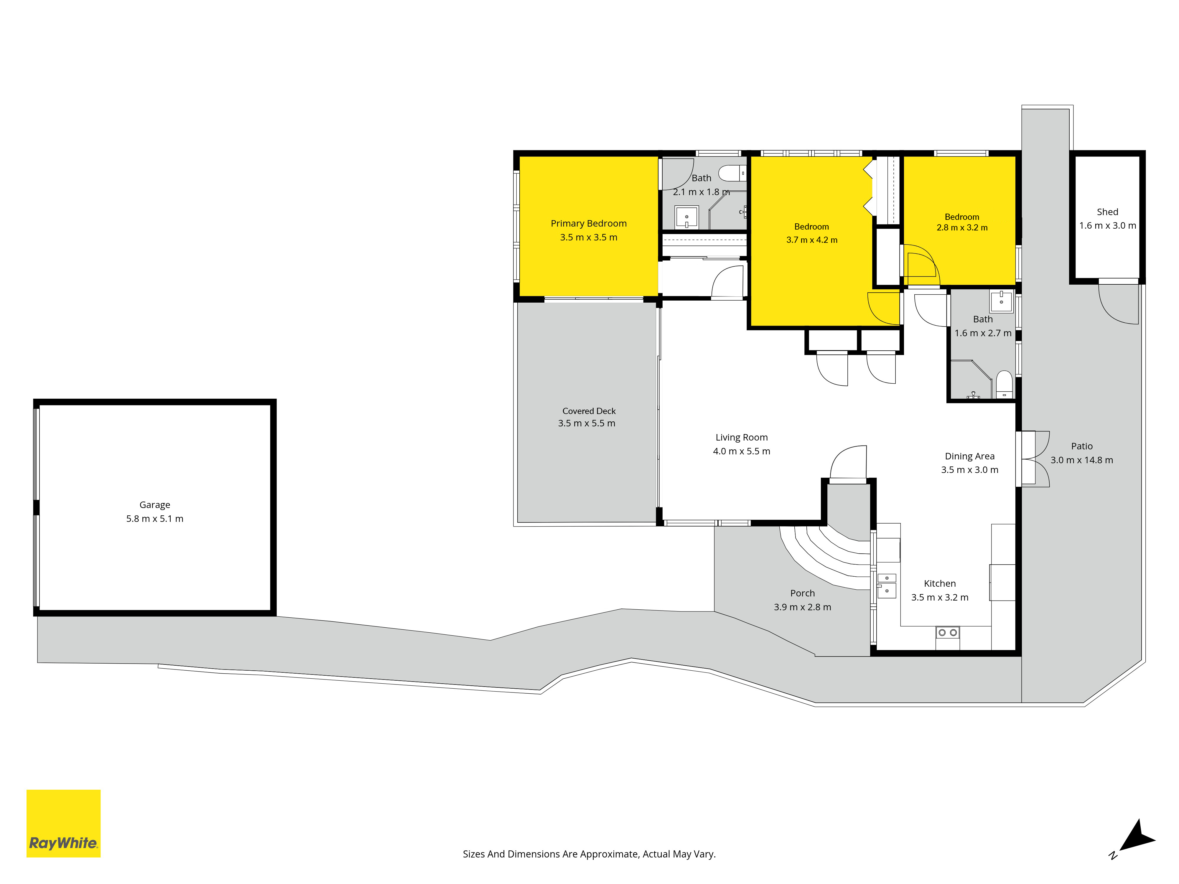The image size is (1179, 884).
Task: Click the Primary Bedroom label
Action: point(588,224)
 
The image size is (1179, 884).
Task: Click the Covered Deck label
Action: point(589,411)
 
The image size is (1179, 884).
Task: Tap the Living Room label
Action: point(741,438)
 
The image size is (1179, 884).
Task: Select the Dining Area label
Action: point(969,456)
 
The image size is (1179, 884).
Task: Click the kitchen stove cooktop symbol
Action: point(948,637)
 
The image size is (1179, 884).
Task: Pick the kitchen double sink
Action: point(887,586)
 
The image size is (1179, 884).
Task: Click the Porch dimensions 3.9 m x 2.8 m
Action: point(803,607)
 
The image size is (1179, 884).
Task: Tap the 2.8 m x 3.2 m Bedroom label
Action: point(962,217)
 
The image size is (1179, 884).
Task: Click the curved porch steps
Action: point(825,557)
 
